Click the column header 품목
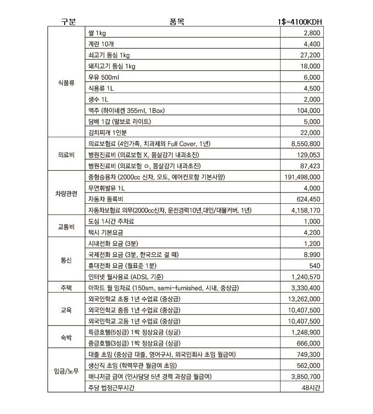coord(177,22)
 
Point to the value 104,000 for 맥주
coord(308,111)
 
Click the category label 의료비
coord(66,155)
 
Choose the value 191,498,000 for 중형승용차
coord(302,177)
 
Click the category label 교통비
coord(66,227)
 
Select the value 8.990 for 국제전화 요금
coord(312,255)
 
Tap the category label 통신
coord(66,260)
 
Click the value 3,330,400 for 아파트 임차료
coord(306,288)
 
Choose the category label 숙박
coord(66,338)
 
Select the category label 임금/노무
coord(66,371)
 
